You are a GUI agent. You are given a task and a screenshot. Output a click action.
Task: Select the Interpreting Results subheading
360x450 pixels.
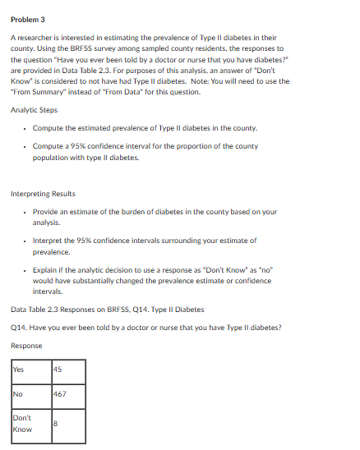coord(42,194)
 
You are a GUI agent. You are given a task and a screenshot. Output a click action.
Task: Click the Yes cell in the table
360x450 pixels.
coord(19,369)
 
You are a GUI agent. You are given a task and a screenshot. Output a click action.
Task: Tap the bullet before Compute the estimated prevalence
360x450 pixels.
coord(25,129)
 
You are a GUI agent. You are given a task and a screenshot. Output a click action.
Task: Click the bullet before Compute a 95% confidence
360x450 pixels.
coord(25,145)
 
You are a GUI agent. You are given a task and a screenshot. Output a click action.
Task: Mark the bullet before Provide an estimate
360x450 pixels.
coord(25,212)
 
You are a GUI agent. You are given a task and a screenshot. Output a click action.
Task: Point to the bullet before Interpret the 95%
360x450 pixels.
coord(25,241)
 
